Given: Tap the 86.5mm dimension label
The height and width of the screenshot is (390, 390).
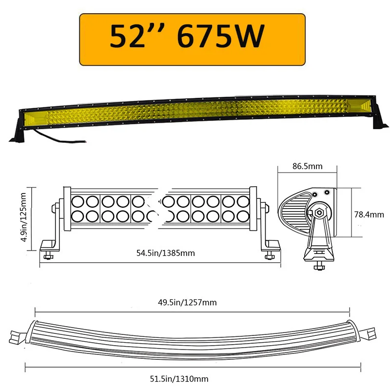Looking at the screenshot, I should pos(308,166).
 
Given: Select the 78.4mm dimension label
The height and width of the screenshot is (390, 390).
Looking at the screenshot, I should pos(369,214).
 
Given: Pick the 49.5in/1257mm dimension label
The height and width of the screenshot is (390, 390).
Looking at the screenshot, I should pos(193,302).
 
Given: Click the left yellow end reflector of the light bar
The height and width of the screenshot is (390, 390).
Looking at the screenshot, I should pos(36,117).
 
